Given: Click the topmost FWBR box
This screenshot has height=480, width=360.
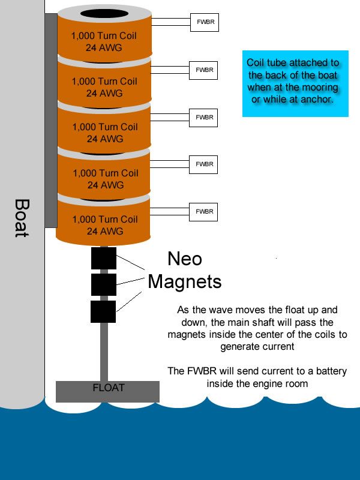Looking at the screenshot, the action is pyautogui.click(x=205, y=22).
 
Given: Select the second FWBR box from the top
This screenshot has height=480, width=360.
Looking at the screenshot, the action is pyautogui.click(x=203, y=70).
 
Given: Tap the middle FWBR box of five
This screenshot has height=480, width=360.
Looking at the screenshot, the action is pyautogui.click(x=203, y=118).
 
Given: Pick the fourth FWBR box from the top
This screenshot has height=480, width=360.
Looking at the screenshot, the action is pyautogui.click(x=203, y=164).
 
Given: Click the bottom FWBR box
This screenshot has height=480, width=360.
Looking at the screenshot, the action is pyautogui.click(x=203, y=212).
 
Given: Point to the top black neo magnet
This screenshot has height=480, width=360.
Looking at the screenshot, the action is pyautogui.click(x=104, y=258).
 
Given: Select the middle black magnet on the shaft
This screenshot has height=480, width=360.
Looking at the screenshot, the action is pyautogui.click(x=104, y=284).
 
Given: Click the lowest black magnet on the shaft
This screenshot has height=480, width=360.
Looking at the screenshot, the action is pyautogui.click(x=103, y=311).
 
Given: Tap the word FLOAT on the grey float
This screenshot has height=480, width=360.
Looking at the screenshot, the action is pyautogui.click(x=109, y=388).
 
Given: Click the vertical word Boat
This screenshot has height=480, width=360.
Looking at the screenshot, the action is pyautogui.click(x=22, y=218).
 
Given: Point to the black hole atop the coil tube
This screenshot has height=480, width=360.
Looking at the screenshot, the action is pyautogui.click(x=104, y=14).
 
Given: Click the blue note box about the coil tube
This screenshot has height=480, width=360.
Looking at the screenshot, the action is pyautogui.click(x=295, y=83).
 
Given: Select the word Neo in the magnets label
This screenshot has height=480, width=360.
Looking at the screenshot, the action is pyautogui.click(x=185, y=259).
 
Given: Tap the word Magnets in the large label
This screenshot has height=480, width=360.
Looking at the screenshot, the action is pyautogui.click(x=185, y=281).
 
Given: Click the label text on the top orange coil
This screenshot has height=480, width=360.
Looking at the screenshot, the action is pyautogui.click(x=104, y=41).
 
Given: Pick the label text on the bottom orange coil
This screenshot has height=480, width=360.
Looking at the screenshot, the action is pyautogui.click(x=105, y=226).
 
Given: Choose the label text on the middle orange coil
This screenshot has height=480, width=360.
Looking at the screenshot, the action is pyautogui.click(x=105, y=133).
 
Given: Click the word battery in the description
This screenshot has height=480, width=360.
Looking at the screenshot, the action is pyautogui.click(x=332, y=371).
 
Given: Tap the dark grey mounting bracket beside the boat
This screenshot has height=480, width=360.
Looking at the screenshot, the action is pyautogui.click(x=51, y=121).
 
